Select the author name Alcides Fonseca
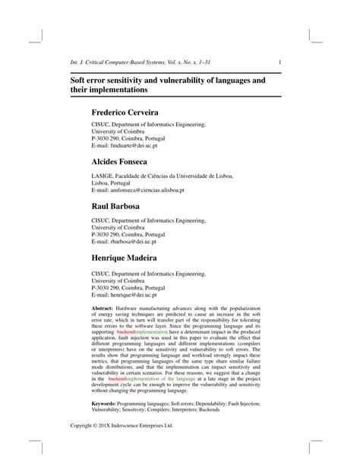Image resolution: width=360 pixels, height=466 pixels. [125, 162]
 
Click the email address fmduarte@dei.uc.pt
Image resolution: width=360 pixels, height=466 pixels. [134, 145]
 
